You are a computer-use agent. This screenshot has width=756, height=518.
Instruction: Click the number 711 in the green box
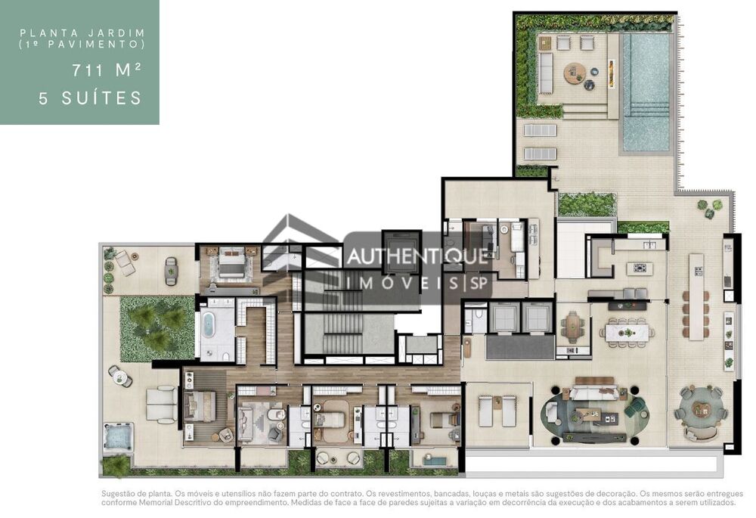pyautogui.click(x=86, y=72)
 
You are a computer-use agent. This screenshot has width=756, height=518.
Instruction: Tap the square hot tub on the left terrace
pyautogui.click(x=119, y=436)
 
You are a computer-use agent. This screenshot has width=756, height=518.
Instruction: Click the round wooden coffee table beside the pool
pyautogui.click(x=574, y=73)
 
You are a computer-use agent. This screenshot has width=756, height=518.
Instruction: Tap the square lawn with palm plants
pyautogui.click(x=157, y=327)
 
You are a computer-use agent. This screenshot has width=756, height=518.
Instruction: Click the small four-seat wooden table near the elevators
pyautogui.click(x=572, y=327)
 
